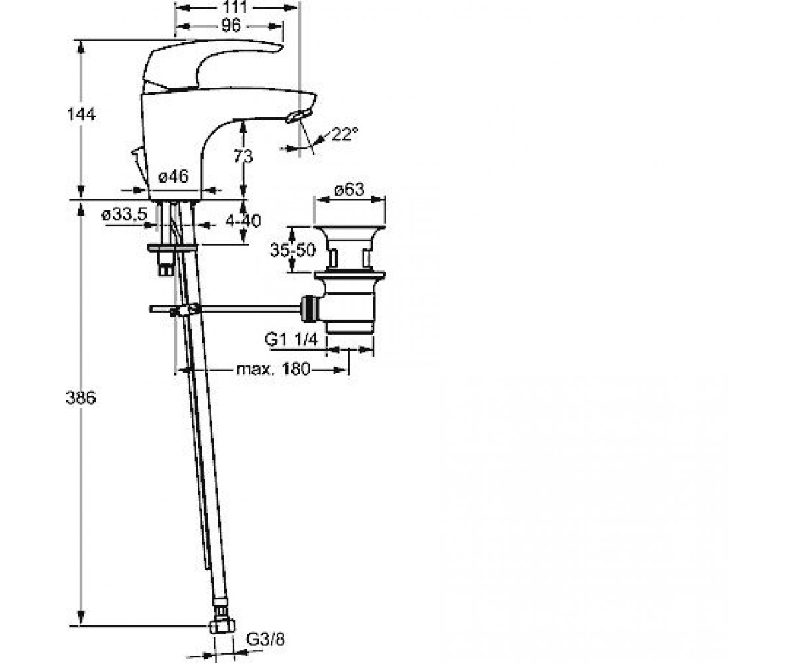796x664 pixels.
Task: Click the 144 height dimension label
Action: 81,114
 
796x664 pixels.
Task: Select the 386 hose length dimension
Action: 80,398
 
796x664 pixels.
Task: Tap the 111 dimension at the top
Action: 234,7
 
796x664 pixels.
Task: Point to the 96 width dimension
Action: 231,26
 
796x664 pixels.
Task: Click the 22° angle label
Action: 345,133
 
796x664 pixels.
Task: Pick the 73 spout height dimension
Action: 243,157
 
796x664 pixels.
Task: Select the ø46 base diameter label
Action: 173,177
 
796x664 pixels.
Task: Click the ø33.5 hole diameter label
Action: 124,215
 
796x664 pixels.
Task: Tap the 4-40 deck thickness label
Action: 243,221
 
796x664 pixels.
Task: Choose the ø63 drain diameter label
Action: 349,190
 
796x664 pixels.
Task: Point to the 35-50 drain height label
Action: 293,250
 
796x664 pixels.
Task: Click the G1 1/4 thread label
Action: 291,339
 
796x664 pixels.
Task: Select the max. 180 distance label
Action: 273,369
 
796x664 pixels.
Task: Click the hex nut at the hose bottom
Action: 222,625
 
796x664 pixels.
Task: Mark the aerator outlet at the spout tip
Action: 298,116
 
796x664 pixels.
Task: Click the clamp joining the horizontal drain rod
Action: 185,309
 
